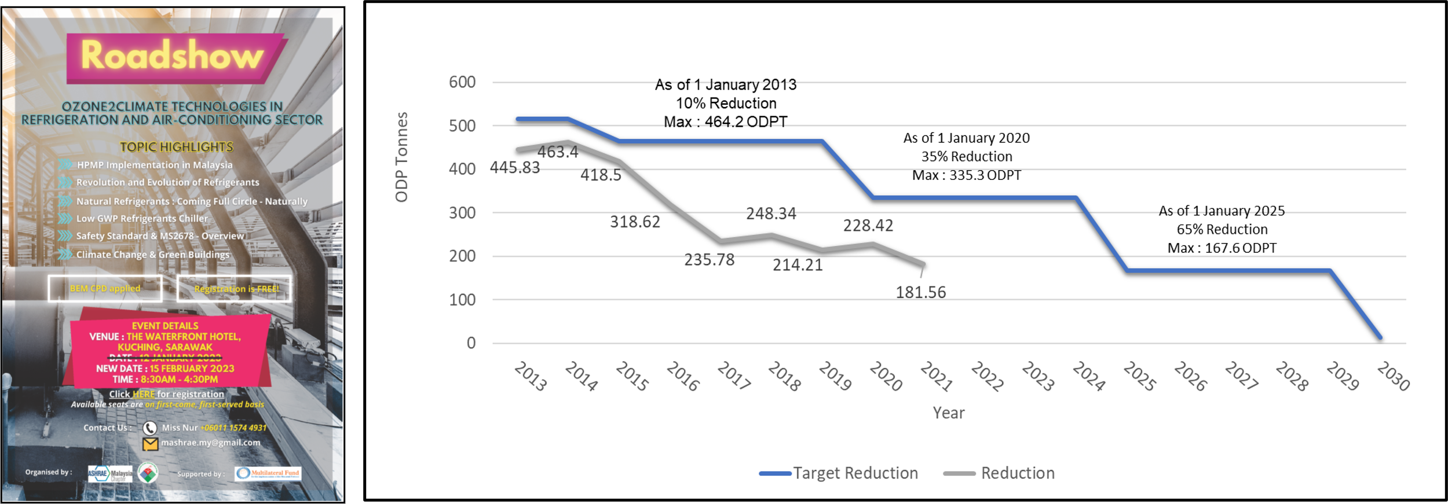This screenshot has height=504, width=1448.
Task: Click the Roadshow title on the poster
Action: pyautogui.click(x=172, y=56)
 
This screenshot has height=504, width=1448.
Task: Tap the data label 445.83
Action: pyautogui.click(x=514, y=168)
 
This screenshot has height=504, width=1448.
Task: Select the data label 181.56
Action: pyautogui.click(x=920, y=292)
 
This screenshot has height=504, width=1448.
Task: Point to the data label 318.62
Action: pyautogui.click(x=635, y=222)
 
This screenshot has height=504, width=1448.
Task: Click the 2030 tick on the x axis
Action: pyautogui.click(x=1393, y=376)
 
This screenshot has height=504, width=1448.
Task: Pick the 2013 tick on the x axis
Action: pyautogui.click(x=531, y=376)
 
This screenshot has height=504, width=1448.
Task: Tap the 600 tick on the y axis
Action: pyautogui.click(x=462, y=82)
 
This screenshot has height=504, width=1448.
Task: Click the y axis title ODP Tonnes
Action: pyautogui.click(x=401, y=157)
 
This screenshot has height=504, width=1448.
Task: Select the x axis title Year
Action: pyautogui.click(x=948, y=413)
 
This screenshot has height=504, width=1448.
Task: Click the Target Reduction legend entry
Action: pyautogui.click(x=855, y=473)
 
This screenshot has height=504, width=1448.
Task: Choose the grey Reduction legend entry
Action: pyautogui.click(x=1017, y=473)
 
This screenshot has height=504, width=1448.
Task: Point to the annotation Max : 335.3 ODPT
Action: pyautogui.click(x=966, y=175)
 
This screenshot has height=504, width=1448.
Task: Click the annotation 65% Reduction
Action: pyautogui.click(x=1222, y=229)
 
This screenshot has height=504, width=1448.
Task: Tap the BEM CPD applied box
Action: pyautogui.click(x=105, y=288)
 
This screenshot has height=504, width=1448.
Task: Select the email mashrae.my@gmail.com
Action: pyautogui.click(x=210, y=443)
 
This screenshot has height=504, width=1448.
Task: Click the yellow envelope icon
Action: pyautogui.click(x=150, y=444)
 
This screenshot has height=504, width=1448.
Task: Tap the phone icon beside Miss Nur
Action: pyautogui.click(x=150, y=428)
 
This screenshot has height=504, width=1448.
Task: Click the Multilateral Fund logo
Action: pyautogui.click(x=268, y=473)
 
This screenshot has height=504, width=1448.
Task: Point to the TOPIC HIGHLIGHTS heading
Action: pyautogui.click(x=177, y=147)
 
